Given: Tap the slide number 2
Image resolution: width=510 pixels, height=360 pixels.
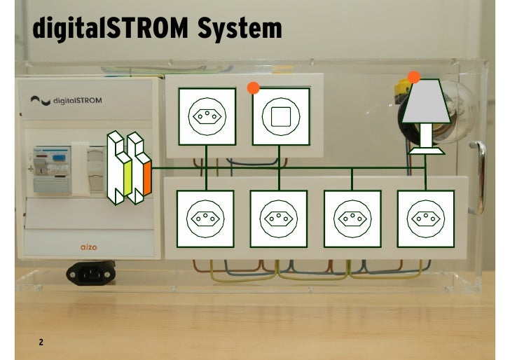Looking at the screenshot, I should pyautogui.click(x=41, y=342).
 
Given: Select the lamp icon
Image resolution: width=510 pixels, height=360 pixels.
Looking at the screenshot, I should pyautogui.click(x=425, y=116).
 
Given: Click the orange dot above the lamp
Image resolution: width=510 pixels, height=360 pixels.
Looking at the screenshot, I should pyautogui.click(x=414, y=76).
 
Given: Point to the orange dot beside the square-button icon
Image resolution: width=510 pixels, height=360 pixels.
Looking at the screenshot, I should pyautogui.click(x=254, y=88).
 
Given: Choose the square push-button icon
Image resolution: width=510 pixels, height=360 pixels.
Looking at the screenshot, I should pyautogui.click(x=280, y=116).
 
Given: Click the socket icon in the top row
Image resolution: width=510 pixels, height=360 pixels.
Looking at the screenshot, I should pyautogui.click(x=207, y=116).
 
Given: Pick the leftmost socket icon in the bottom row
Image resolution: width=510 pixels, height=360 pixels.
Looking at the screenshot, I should pyautogui.click(x=205, y=218).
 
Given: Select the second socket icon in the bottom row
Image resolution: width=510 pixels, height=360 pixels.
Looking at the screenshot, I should pyautogui.click(x=279, y=218).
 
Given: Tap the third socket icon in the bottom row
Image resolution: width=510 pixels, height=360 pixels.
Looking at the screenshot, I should pyautogui.click(x=352, y=218).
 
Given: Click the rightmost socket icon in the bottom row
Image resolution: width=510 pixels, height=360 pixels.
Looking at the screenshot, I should pyautogui.click(x=425, y=218).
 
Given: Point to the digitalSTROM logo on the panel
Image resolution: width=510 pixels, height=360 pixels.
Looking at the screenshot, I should pyautogui.click(x=67, y=101).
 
